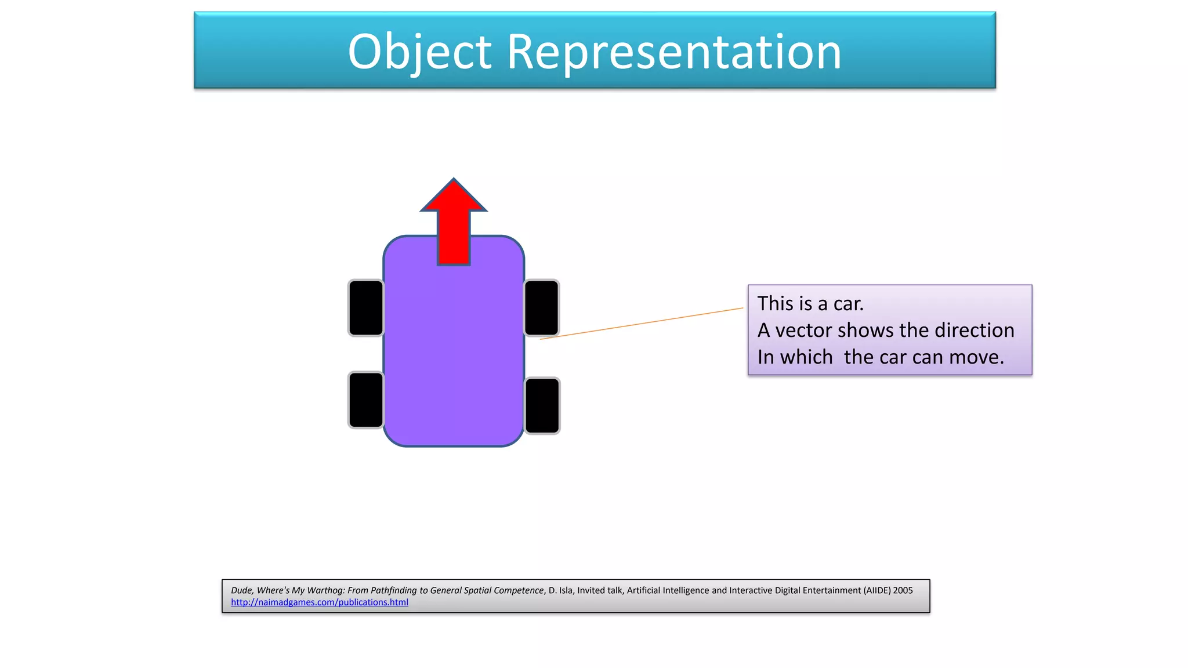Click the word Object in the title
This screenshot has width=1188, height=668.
[x=419, y=52]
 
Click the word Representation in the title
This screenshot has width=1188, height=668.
[x=674, y=52]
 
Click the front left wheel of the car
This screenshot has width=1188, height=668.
[x=366, y=308]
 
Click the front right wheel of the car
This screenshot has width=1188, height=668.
[x=542, y=308]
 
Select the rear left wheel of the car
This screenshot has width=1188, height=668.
[x=366, y=400]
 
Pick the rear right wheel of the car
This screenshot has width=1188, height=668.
[x=542, y=406]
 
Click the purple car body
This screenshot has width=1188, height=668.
[x=454, y=360]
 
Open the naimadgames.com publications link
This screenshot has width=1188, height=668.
[x=320, y=602]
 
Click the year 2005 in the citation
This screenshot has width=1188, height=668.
[x=903, y=590]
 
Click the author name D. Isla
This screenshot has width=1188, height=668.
[x=560, y=590]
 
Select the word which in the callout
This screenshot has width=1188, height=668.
[x=806, y=357]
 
